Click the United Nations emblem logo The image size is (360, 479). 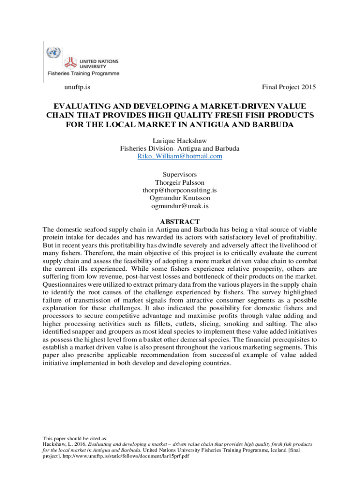53,51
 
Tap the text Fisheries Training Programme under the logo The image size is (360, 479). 82,73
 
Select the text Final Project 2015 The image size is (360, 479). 289,87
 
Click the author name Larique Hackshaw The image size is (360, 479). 180,140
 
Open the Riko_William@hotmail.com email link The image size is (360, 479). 180,156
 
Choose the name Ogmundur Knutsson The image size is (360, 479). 180,198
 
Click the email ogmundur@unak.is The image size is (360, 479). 180,206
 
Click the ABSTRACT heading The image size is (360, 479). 180,221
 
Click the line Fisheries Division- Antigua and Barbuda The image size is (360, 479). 180,148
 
